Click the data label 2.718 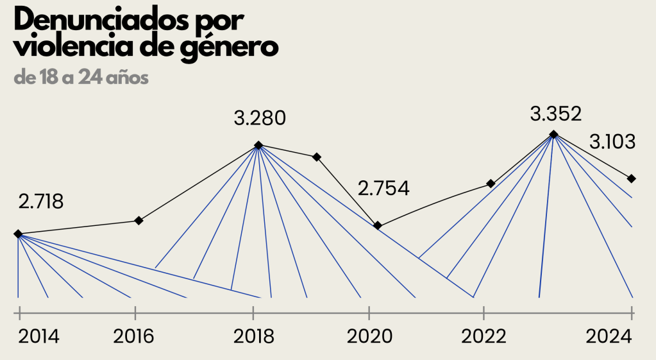[41, 202]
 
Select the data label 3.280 [260, 119]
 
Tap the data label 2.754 [383, 189]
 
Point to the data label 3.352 [556, 114]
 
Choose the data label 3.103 [612, 142]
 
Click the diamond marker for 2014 [18, 234]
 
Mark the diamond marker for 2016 [139, 221]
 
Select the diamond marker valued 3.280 [258, 146]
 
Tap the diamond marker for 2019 [317, 157]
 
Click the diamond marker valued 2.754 [378, 225]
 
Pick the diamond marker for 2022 [491, 184]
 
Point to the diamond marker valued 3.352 [554, 135]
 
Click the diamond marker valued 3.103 [632, 178]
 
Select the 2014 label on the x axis [38, 337]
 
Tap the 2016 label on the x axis [134, 337]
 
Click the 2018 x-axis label [253, 337]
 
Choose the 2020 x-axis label [369, 337]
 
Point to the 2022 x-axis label [484, 337]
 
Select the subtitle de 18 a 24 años [81, 78]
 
